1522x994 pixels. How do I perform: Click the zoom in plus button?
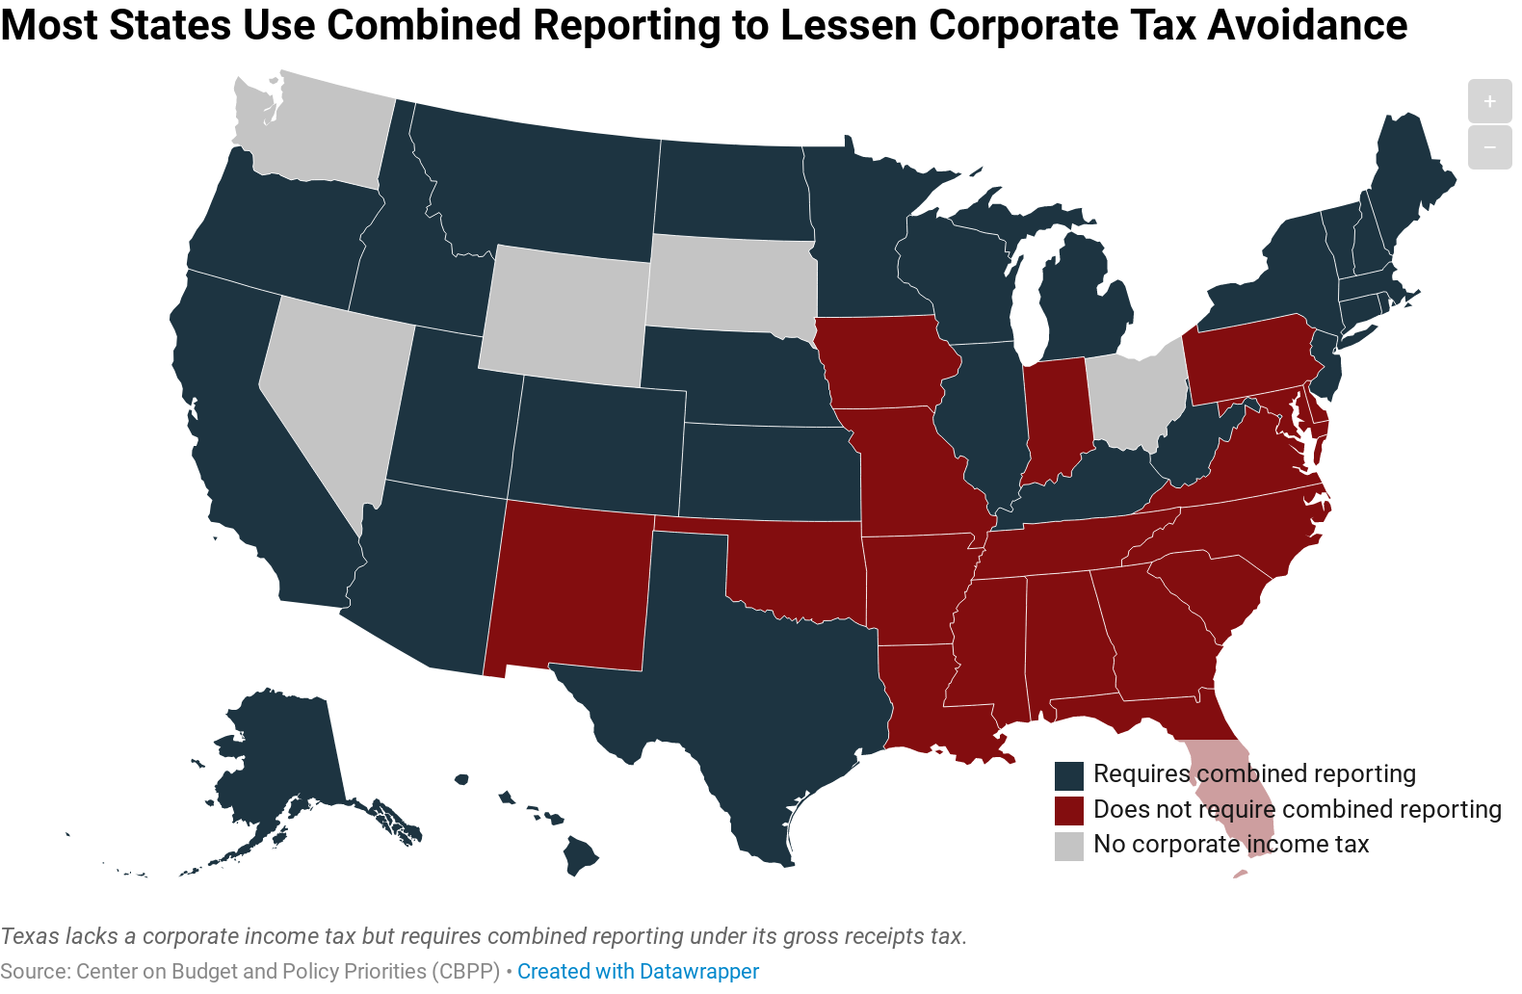pos(1489,101)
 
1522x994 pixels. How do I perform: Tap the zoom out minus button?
pos(1489,147)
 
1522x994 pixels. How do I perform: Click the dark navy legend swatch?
pos(1069,775)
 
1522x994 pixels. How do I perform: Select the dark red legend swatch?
pos(1069,810)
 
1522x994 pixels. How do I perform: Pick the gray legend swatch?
pos(1069,846)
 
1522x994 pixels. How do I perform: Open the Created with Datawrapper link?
pos(638,971)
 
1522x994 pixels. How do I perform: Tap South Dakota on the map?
pos(732,284)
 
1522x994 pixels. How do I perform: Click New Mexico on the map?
pos(573,588)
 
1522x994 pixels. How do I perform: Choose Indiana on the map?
pos(1057,419)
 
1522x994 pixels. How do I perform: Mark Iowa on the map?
pos(886,361)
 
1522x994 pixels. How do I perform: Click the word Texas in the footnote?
pos(29,936)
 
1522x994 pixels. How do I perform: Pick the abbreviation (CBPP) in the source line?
pos(466,971)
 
